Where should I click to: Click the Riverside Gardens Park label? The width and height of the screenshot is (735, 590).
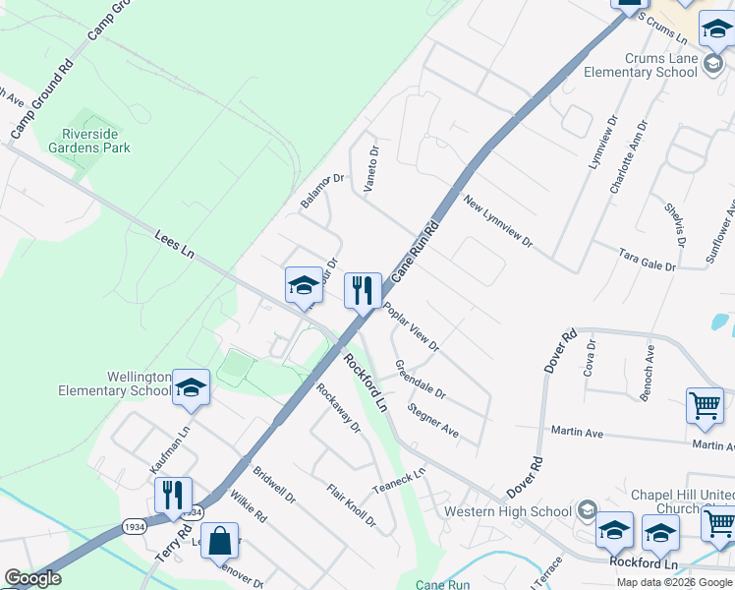click(95, 141)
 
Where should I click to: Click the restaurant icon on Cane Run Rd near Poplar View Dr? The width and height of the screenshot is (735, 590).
click(363, 290)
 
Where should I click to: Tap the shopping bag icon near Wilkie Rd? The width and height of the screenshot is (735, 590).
click(219, 541)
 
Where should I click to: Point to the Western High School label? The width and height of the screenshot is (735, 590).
click(507, 511)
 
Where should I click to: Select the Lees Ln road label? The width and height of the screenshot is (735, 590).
click(174, 245)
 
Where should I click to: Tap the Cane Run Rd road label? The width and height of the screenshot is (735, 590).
click(414, 252)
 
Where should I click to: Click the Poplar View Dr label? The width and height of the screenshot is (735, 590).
click(411, 326)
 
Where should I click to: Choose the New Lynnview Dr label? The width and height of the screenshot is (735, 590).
click(497, 221)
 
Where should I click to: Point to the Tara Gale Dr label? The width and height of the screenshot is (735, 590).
click(647, 259)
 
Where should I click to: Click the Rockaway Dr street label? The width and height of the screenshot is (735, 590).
click(338, 406)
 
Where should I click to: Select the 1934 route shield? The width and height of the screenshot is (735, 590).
click(138, 527)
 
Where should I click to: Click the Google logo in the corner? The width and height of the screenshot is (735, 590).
click(32, 578)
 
